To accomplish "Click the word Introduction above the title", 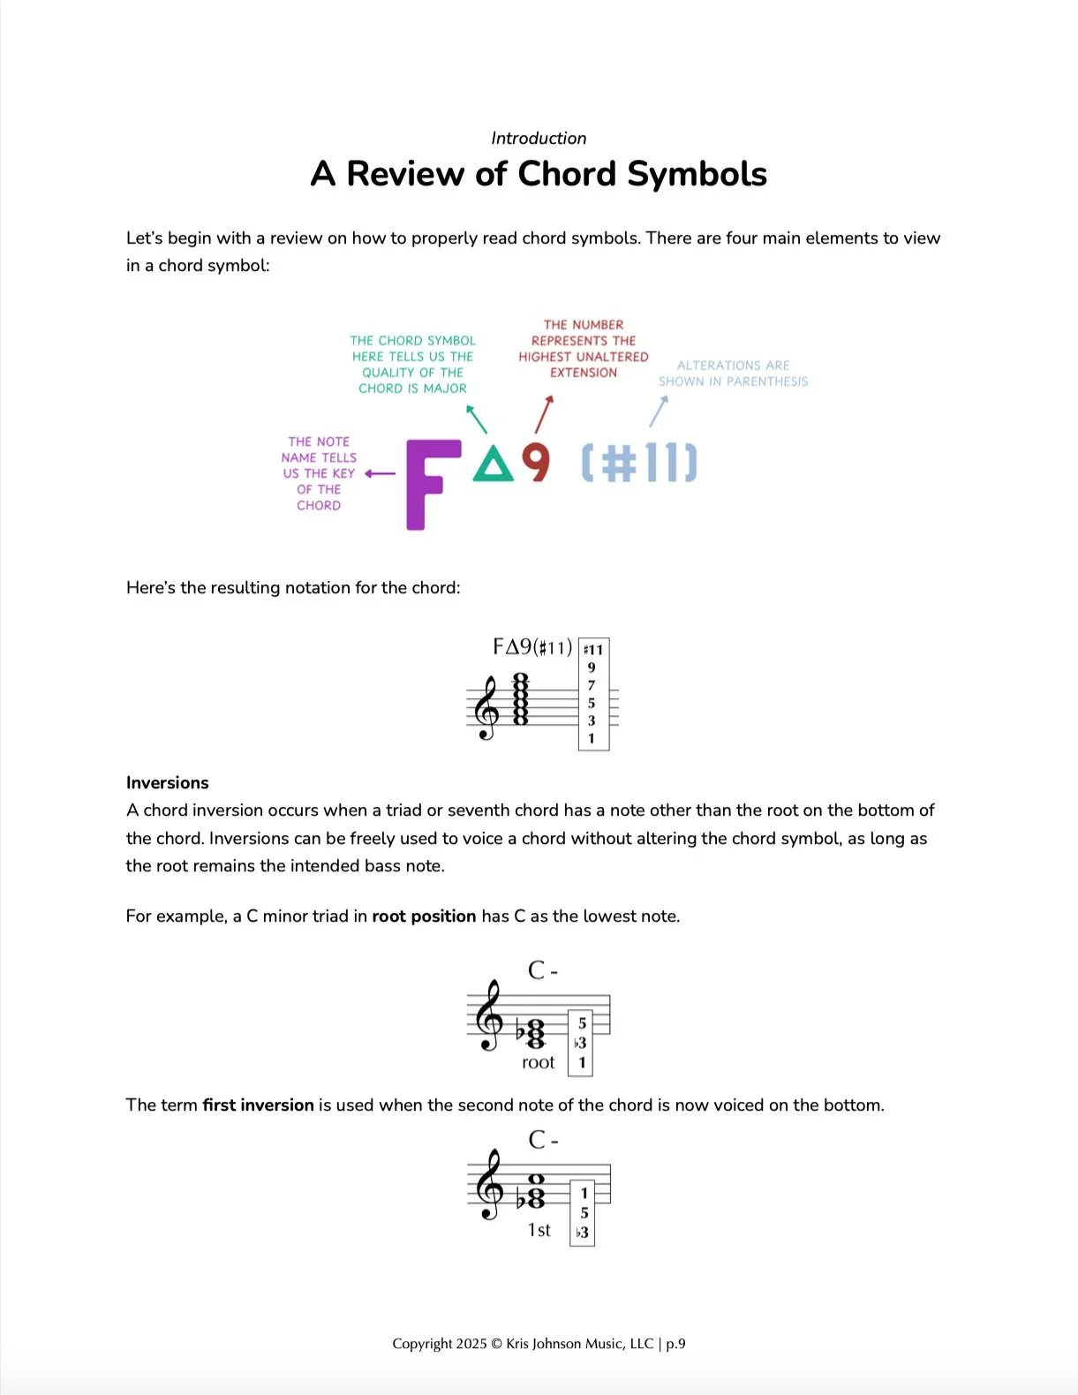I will pyautogui.click(x=539, y=138).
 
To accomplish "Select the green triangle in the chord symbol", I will pyautogui.click(x=493, y=464).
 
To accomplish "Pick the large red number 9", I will pyautogui.click(x=536, y=463).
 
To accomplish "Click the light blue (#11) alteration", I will pyautogui.click(x=639, y=463).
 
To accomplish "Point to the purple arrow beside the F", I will pyautogui.click(x=381, y=473).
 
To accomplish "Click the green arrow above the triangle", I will pyautogui.click(x=476, y=418).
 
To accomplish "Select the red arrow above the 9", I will pyautogui.click(x=545, y=414).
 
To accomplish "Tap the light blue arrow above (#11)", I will pyautogui.click(x=660, y=411).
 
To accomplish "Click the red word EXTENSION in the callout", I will pyautogui.click(x=584, y=373).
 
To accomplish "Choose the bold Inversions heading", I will pyautogui.click(x=168, y=783).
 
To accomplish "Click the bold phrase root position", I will pyautogui.click(x=424, y=916).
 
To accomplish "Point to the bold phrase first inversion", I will pyautogui.click(x=258, y=1105).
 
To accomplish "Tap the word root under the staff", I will pyautogui.click(x=538, y=1062).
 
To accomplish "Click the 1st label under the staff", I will pyautogui.click(x=539, y=1230).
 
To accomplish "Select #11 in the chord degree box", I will pyautogui.click(x=593, y=650).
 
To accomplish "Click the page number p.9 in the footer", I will pyautogui.click(x=675, y=1344).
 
